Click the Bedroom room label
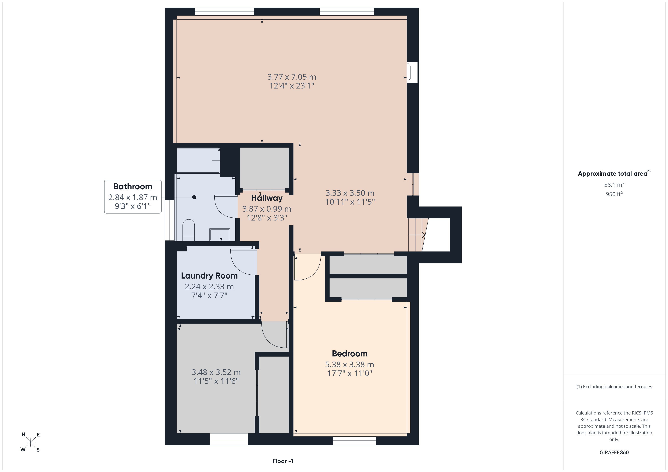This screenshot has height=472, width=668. pyautogui.click(x=349, y=354)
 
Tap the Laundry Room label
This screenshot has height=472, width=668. pyautogui.click(x=209, y=276)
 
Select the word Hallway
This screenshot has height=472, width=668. pyautogui.click(x=267, y=198)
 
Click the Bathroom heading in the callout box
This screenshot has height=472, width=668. pyautogui.click(x=133, y=186)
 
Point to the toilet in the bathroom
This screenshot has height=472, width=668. pyautogui.click(x=189, y=230)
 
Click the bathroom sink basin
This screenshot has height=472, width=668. pyautogui.click(x=220, y=234)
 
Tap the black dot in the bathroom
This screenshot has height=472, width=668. pyautogui.click(x=194, y=197)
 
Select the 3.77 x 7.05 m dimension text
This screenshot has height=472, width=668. pyautogui.click(x=292, y=77)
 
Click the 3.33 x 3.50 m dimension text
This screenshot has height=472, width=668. pyautogui.click(x=350, y=193)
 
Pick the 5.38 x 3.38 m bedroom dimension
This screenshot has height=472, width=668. pyautogui.click(x=349, y=364)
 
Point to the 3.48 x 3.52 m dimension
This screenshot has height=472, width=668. pyautogui.click(x=216, y=372)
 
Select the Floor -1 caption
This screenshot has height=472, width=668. pyautogui.click(x=283, y=461)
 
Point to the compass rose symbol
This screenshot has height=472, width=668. pyautogui.click(x=30, y=442)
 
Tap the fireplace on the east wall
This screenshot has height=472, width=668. pyautogui.click(x=412, y=72)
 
